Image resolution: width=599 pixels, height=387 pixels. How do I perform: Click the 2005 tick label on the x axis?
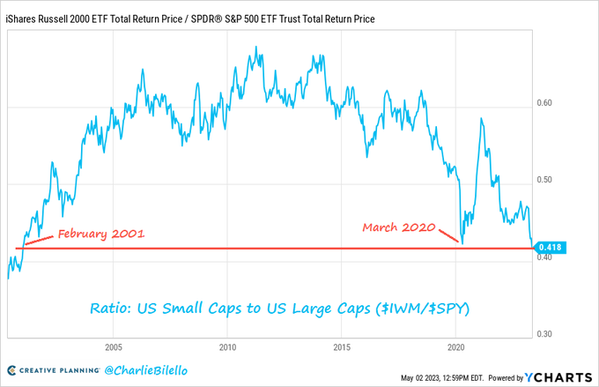(113, 346)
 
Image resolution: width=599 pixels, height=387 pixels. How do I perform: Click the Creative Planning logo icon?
(13, 369)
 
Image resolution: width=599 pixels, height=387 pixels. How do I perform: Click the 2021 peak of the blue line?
(481, 118)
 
